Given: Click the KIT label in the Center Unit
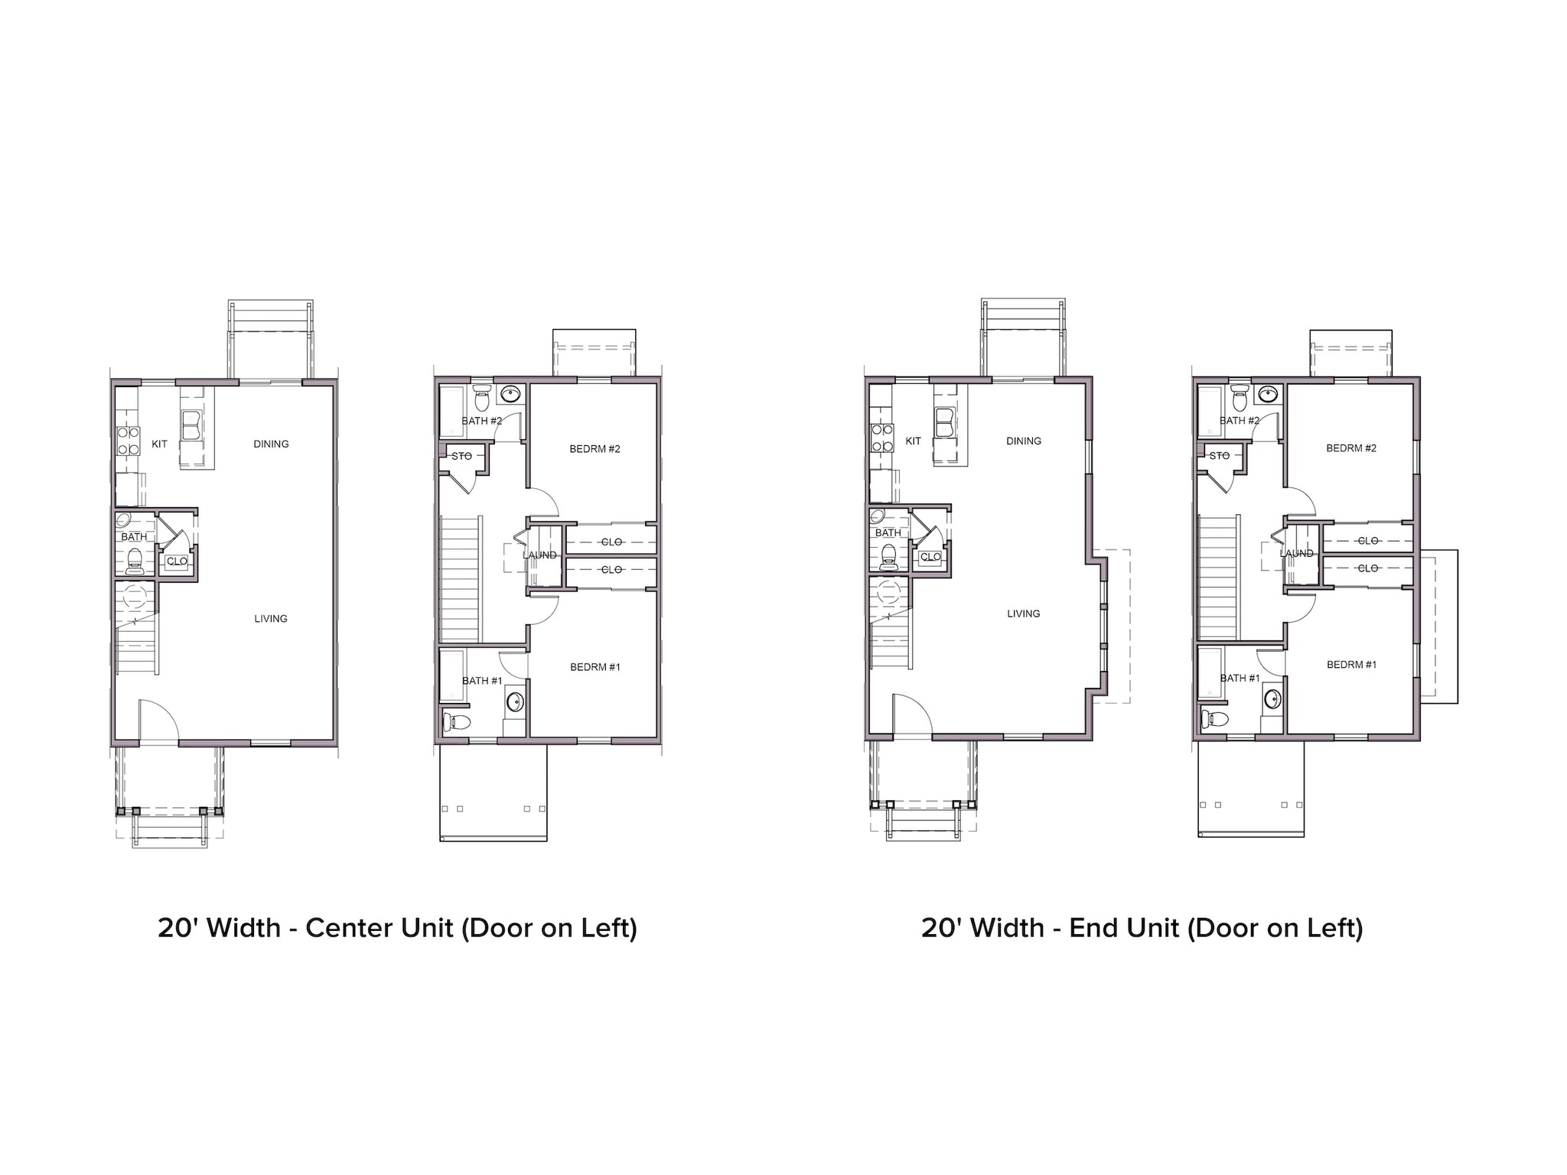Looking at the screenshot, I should tap(159, 444).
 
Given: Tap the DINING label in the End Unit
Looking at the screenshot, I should tap(1024, 441).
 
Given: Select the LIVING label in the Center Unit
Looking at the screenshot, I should tap(271, 619).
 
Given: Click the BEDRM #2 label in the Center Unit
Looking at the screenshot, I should tap(595, 449).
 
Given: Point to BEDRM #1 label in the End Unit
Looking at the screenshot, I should tap(1351, 665).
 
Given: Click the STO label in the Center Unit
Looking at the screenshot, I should tap(461, 457).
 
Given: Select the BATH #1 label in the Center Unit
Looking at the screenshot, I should tap(482, 681).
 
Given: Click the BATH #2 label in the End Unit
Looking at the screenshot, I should tap(1240, 421).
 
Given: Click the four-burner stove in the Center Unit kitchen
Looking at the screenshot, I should tap(128, 441).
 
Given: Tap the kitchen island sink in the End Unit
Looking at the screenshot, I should tap(944, 423).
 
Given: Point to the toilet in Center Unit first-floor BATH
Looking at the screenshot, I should tap(135, 560).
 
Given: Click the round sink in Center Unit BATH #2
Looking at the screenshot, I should tap(510, 395).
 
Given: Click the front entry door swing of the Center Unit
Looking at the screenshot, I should tap(158, 719).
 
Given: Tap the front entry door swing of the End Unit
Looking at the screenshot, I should tap(911, 715).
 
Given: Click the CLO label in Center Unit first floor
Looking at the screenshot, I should tap(177, 561).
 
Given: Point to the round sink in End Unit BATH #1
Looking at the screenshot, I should tap(1272, 698).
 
